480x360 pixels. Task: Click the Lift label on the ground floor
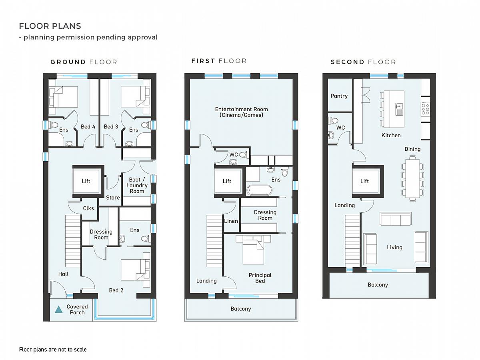86,181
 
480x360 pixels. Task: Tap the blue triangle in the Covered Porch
58,310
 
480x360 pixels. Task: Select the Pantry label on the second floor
339,96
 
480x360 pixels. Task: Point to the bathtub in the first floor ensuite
259,190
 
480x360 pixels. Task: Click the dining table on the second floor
412,178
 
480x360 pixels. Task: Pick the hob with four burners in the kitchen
425,109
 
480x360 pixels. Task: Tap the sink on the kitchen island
399,109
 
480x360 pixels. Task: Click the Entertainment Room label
242,112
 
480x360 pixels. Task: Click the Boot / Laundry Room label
137,185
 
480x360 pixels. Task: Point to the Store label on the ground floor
113,198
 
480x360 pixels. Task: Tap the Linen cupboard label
231,221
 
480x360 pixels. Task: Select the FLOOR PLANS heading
50,26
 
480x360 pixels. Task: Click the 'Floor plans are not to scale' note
53,350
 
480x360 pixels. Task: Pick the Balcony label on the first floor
241,309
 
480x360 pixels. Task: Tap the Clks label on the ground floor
88,208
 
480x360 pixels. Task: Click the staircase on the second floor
352,241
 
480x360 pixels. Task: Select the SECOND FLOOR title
363,62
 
